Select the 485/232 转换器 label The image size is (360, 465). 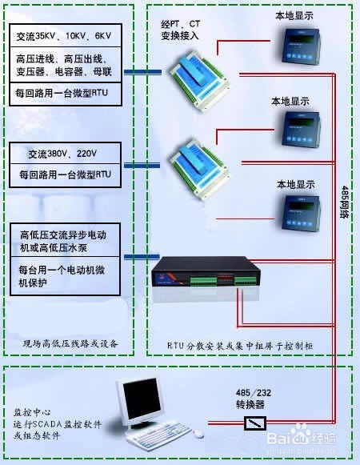click(254, 397)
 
